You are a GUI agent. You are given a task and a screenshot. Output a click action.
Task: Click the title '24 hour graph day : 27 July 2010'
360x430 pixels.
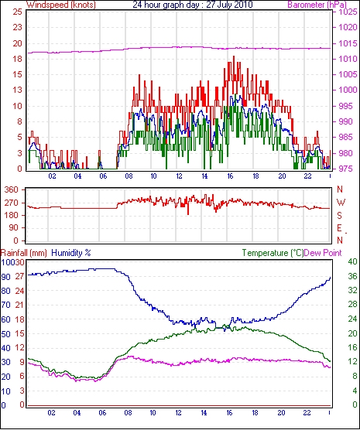pyautogui.click(x=193, y=5)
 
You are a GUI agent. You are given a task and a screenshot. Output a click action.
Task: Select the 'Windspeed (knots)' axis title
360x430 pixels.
pyautogui.click(x=61, y=5)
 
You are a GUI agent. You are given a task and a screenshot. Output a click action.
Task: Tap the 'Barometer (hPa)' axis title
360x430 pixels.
pyautogui.click(x=317, y=5)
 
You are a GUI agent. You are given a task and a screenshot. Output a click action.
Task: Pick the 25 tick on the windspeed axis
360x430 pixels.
pyautogui.click(x=17, y=12)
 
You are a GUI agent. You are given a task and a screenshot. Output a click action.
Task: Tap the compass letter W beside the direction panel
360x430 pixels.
pyautogui.click(x=341, y=203)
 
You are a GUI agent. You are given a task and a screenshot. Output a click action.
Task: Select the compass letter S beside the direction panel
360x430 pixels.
pyautogui.click(x=340, y=216)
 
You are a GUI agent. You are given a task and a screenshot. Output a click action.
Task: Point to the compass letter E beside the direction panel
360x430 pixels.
pyautogui.click(x=340, y=228)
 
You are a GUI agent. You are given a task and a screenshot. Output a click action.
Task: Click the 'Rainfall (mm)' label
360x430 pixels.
pyautogui.click(x=24, y=253)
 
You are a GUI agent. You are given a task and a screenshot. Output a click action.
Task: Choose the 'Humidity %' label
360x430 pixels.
pyautogui.click(x=71, y=253)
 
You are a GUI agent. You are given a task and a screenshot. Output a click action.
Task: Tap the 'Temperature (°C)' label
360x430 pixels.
pyautogui.click(x=273, y=253)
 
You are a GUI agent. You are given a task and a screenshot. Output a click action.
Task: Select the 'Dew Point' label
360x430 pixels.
pyautogui.click(x=323, y=253)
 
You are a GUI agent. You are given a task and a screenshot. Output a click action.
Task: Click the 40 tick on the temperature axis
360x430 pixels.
pyautogui.click(x=352, y=261)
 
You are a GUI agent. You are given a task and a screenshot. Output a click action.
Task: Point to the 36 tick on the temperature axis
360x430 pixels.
pyautogui.click(x=352, y=276)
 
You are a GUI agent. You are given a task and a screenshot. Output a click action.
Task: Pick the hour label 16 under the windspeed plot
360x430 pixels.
pyautogui.click(x=230, y=176)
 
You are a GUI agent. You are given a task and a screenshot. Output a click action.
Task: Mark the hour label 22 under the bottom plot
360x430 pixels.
pyautogui.click(x=307, y=413)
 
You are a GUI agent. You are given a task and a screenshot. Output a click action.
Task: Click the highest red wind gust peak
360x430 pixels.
pyautogui.click(x=234, y=56)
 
